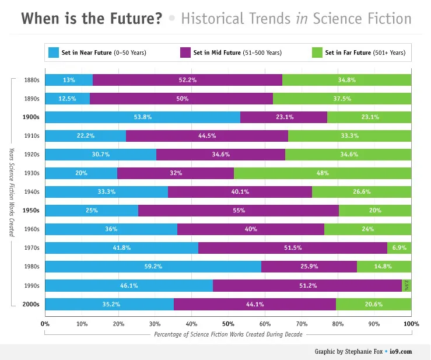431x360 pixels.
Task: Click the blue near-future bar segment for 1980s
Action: pyautogui.click(x=153, y=267)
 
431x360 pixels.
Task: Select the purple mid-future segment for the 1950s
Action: pyautogui.click(x=238, y=211)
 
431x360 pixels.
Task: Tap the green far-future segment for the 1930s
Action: pyautogui.click(x=322, y=173)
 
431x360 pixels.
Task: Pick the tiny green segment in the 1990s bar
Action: pyautogui.click(x=407, y=285)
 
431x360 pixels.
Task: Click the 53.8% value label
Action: pyautogui.click(x=142, y=117)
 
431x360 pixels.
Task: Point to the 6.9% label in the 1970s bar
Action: pyautogui.click(x=400, y=248)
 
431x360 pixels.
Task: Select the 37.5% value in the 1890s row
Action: pyautogui.click(x=342, y=99)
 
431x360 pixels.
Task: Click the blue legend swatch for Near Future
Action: pyautogui.click(x=54, y=53)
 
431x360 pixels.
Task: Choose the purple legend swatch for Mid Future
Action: pyautogui.click(x=187, y=53)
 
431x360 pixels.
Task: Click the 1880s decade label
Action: pyautogui.click(x=31, y=80)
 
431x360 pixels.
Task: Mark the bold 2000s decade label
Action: pyautogui.click(x=30, y=304)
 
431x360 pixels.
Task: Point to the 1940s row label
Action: pyautogui.click(x=31, y=192)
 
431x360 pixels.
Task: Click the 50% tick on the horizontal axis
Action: pyautogui.click(x=228, y=323)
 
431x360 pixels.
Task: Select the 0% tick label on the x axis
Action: pyautogui.click(x=45, y=323)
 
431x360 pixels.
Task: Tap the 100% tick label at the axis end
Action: pyautogui.click(x=410, y=323)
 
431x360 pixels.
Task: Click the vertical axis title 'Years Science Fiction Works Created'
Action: pyautogui.click(x=10, y=192)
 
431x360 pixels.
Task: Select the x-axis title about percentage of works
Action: pyautogui.click(x=228, y=334)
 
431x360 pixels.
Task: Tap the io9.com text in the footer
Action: pyautogui.click(x=401, y=351)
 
